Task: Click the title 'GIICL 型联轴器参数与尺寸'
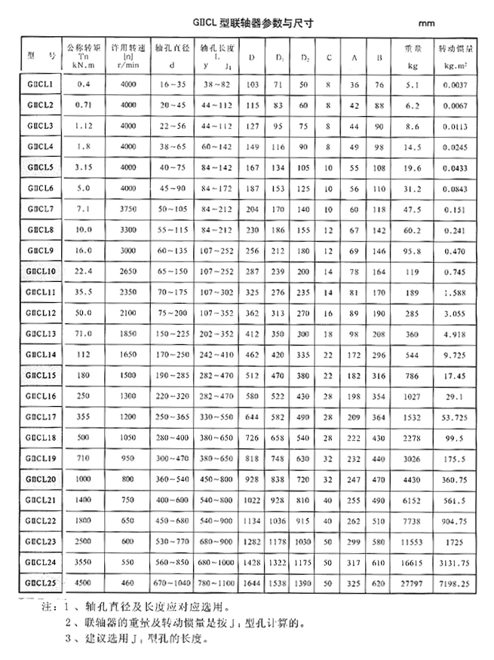247,23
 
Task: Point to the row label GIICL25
39,582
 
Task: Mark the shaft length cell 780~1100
219,582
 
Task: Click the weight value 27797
412,582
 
